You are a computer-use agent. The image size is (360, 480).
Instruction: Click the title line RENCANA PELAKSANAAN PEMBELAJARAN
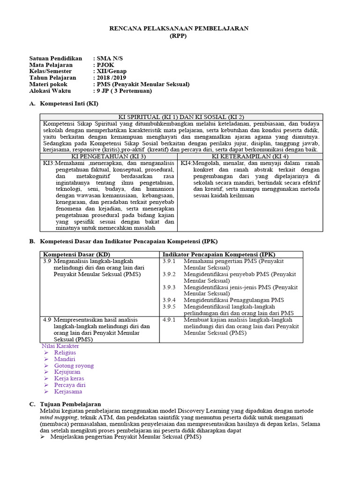(x=179, y=29)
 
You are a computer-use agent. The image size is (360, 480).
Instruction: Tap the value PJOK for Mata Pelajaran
(x=105, y=65)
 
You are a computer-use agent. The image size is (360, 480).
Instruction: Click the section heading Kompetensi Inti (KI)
(x=69, y=103)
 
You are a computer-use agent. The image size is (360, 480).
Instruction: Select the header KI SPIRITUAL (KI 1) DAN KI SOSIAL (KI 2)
(x=181, y=117)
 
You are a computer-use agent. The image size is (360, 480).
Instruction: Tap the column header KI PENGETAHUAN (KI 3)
(x=108, y=156)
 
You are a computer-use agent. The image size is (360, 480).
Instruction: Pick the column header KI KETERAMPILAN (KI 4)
(x=250, y=156)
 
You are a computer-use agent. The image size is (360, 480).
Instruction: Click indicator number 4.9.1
(x=169, y=320)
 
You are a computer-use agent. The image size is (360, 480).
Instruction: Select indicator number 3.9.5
(x=169, y=307)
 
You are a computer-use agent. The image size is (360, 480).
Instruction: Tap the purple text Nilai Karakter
(x=60, y=346)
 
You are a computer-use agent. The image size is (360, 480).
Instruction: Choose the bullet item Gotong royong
(x=74, y=366)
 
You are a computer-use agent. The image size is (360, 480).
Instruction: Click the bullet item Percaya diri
(x=70, y=385)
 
